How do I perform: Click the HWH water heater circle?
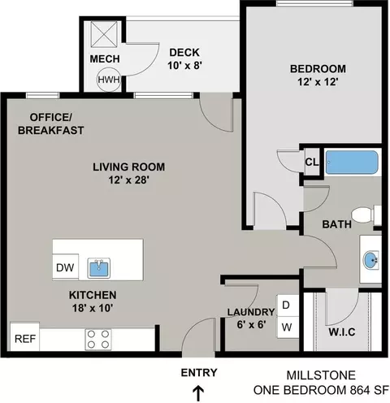pos(109,80)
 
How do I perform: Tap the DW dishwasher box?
pos(65,267)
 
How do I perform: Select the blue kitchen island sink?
pos(99,268)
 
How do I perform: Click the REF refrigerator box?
pos(25,337)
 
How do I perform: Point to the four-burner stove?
pos(98,339)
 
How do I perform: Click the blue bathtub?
pos(352,162)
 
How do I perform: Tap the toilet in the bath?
pos(366,215)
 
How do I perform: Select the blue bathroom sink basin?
pos(370,260)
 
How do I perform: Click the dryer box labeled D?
pos(288,305)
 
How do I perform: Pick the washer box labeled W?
pos(288,327)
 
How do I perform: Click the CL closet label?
pos(311,162)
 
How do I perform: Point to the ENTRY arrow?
pos(199,393)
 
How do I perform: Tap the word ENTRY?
pos(199,373)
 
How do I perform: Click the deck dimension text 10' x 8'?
pos(185,65)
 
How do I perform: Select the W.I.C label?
pos(342,332)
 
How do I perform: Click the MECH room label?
pos(105,58)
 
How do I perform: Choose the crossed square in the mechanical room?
pos(104,34)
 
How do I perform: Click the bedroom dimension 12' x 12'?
pos(318,81)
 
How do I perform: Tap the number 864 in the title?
pos(360,390)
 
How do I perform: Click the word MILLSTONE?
pos(321,375)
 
